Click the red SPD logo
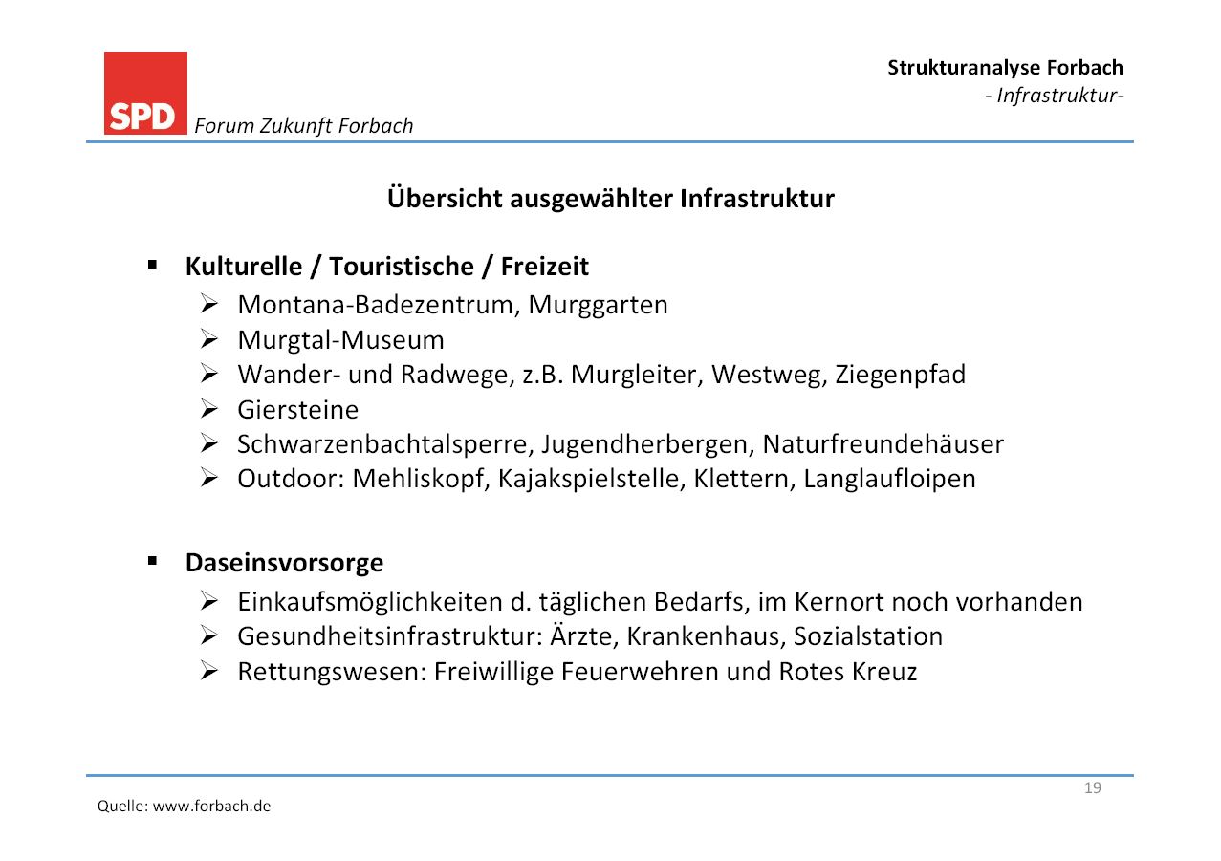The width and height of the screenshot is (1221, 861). click(145, 94)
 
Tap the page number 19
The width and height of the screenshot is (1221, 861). click(1092, 788)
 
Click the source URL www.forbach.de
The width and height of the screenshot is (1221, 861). click(211, 806)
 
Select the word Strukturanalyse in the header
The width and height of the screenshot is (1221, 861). click(964, 68)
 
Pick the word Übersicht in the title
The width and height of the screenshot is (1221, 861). click(445, 198)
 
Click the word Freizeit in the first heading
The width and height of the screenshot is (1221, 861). click(545, 267)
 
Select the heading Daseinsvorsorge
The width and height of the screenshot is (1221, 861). click(285, 563)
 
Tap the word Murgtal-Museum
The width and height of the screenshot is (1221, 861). click(340, 340)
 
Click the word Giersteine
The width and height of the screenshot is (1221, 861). click(297, 410)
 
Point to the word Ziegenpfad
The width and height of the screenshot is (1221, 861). click(901, 376)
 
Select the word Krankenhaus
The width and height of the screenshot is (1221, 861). click(707, 636)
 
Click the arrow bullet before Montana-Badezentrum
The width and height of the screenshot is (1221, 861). click(209, 304)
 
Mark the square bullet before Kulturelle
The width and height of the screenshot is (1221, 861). click(152, 266)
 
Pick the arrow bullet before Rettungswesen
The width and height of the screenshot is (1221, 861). click(209, 671)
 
